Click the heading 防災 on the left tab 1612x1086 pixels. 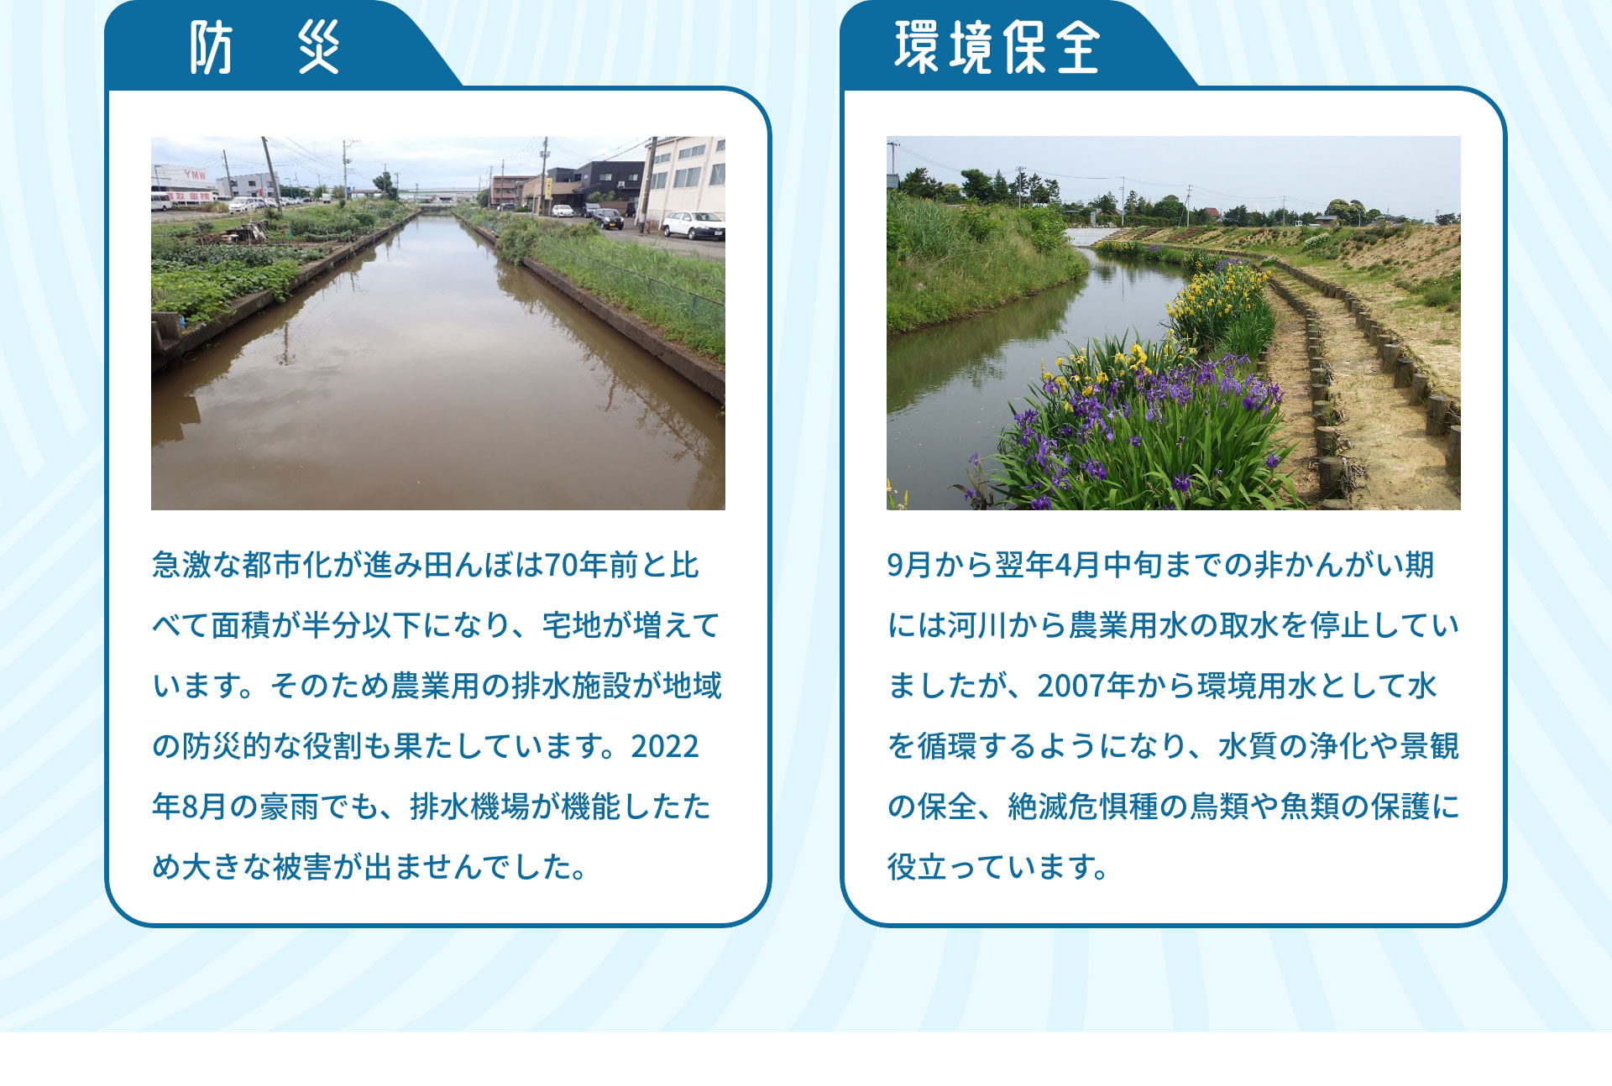tap(264, 48)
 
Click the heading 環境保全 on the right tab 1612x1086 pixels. tap(997, 48)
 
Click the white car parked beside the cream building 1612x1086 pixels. tap(692, 224)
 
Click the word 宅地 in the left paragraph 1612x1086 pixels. tap(570, 626)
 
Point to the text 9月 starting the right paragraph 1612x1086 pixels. tap(909, 566)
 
